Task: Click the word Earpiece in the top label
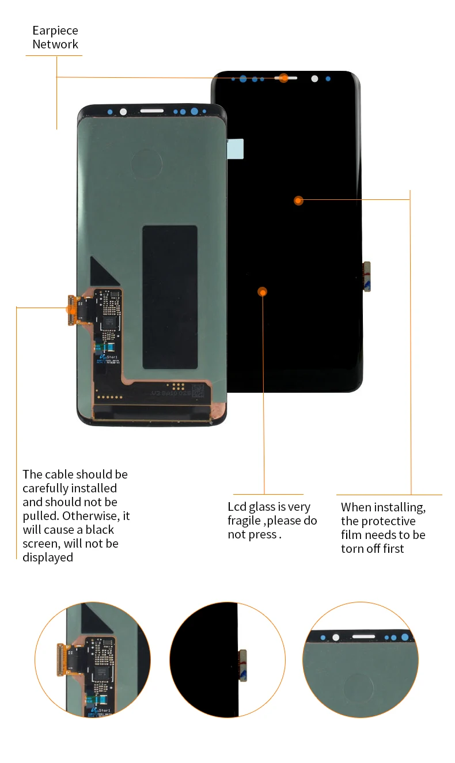[55, 31]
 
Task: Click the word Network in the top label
[55, 44]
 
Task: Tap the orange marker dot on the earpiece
[283, 78]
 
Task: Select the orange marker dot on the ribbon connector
[71, 309]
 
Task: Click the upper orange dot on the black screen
[298, 200]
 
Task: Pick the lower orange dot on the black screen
[263, 292]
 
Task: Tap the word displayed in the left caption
[48, 557]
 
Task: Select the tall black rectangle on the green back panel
[170, 297]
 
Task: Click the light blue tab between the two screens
[236, 149]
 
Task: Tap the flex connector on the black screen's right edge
[366, 276]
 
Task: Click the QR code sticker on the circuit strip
[198, 391]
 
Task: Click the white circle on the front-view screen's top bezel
[314, 78]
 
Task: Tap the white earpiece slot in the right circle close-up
[364, 637]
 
